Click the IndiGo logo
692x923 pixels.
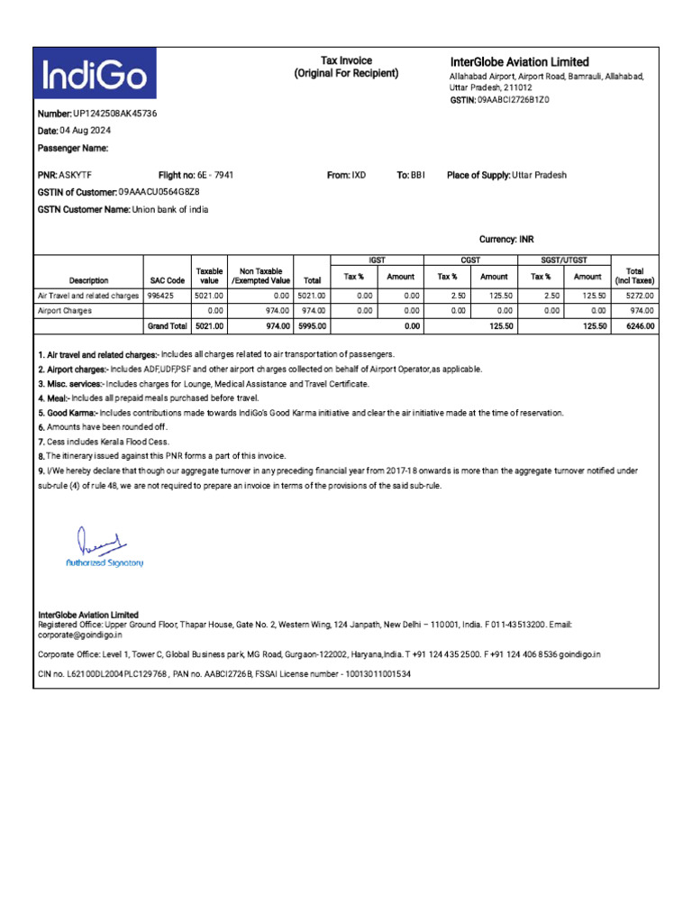tap(95, 75)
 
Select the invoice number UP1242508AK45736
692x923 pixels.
tap(114, 114)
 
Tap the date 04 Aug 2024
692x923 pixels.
tap(92, 131)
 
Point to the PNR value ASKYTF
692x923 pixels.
tap(77, 175)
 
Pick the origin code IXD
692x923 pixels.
tap(359, 175)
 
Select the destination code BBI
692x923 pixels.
tap(417, 175)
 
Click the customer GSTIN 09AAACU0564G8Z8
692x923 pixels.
tap(159, 192)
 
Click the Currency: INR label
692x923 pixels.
tap(506, 240)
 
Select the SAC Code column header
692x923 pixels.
tap(167, 280)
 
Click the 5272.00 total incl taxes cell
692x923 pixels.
tap(640, 295)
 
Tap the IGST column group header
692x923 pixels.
tap(378, 260)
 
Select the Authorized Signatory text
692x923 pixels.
tap(105, 562)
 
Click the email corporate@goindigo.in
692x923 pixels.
tap(81, 635)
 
